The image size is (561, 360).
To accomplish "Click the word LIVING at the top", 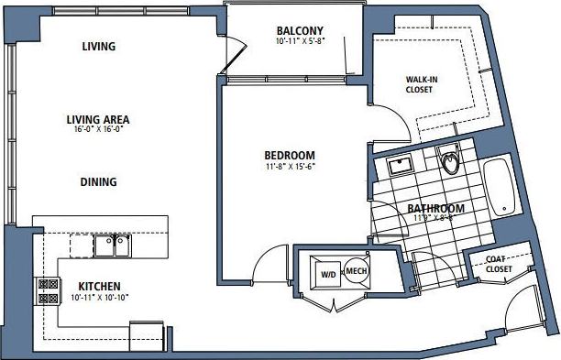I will [x=98, y=47].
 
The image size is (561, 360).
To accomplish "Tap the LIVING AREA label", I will [x=97, y=119].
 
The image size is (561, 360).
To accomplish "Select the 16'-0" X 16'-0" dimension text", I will [x=97, y=130].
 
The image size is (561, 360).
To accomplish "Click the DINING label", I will [x=97, y=182].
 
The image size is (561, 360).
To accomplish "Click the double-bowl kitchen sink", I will [x=112, y=245].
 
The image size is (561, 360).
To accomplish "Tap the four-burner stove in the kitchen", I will [x=45, y=290].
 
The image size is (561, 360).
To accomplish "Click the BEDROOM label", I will [x=290, y=155].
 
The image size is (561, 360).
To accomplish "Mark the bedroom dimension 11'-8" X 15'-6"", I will [x=290, y=167].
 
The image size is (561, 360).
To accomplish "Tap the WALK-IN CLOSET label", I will [x=422, y=85].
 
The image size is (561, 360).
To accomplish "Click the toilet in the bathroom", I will [x=450, y=162].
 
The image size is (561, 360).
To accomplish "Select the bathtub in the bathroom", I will [x=500, y=188].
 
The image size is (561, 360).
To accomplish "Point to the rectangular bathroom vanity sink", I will [x=400, y=166].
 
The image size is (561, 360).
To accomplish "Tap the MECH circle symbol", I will [x=357, y=271].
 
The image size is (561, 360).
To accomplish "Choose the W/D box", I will [x=327, y=274].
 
